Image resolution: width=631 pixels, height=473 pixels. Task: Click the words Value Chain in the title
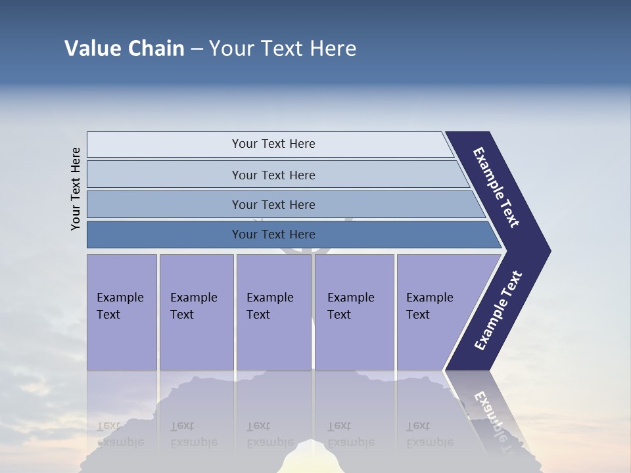point(124,49)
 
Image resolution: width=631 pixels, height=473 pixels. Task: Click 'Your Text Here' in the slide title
point(283,49)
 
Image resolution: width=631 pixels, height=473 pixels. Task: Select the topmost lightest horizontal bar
point(164,145)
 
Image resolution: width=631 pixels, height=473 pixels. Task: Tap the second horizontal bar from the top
point(164,175)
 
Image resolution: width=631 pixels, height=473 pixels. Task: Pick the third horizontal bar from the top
point(164,204)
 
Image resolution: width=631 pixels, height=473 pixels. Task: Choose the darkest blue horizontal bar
point(164,235)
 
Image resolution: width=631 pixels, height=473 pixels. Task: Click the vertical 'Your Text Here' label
point(76,189)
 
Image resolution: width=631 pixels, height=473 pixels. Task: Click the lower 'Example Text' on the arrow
point(498,311)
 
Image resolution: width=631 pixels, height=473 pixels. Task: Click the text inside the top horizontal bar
point(273,144)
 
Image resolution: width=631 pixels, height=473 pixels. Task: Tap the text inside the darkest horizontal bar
point(273,235)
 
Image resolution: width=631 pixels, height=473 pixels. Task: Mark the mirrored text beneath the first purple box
point(120,434)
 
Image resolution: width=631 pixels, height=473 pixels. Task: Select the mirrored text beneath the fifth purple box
point(429,434)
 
